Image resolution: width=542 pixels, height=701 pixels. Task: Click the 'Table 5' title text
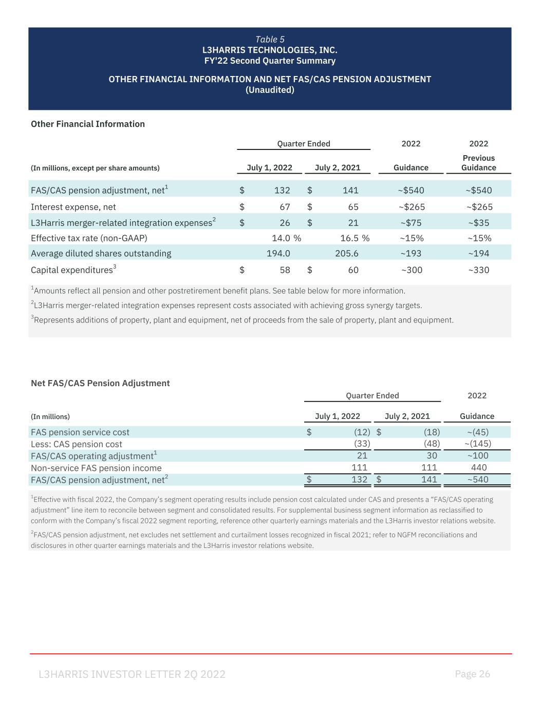[x=270, y=40]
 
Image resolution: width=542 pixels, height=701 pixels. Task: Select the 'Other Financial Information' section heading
[x=88, y=124]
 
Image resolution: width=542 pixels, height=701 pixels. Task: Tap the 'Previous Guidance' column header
[x=478, y=163]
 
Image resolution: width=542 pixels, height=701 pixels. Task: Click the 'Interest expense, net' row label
[x=73, y=207]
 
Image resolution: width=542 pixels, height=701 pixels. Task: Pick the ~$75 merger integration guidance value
[x=411, y=222]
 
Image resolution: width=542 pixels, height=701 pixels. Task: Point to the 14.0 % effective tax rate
[x=286, y=238]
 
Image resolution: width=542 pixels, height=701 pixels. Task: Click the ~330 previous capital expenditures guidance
[x=478, y=270]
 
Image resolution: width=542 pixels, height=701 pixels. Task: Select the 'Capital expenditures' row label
[x=72, y=270]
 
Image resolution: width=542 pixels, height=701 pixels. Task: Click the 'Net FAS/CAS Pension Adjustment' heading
[x=100, y=383]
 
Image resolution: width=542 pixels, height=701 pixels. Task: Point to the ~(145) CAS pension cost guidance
[x=477, y=443]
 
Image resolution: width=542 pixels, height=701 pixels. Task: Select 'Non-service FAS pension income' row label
[x=96, y=468]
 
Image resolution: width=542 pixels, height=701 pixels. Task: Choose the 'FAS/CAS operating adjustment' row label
[x=92, y=456]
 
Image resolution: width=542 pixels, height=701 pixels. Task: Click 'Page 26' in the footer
[x=473, y=674]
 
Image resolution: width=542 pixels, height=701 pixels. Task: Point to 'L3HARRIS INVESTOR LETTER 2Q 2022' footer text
[x=132, y=674]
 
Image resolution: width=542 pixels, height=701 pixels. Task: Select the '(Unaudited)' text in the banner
[x=270, y=90]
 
